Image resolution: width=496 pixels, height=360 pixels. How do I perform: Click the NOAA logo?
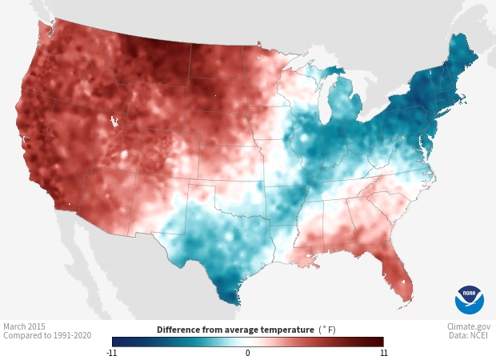point(470,300)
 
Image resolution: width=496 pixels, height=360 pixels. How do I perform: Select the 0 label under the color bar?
point(248,353)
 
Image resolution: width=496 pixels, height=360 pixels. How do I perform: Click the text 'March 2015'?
point(25,326)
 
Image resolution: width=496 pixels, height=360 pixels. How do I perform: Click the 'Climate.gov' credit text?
point(470,326)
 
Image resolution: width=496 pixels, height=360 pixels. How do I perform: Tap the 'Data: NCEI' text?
point(470,337)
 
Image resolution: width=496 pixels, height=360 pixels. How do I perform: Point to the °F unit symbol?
point(328,330)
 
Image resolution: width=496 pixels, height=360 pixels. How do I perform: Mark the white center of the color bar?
point(248,342)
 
